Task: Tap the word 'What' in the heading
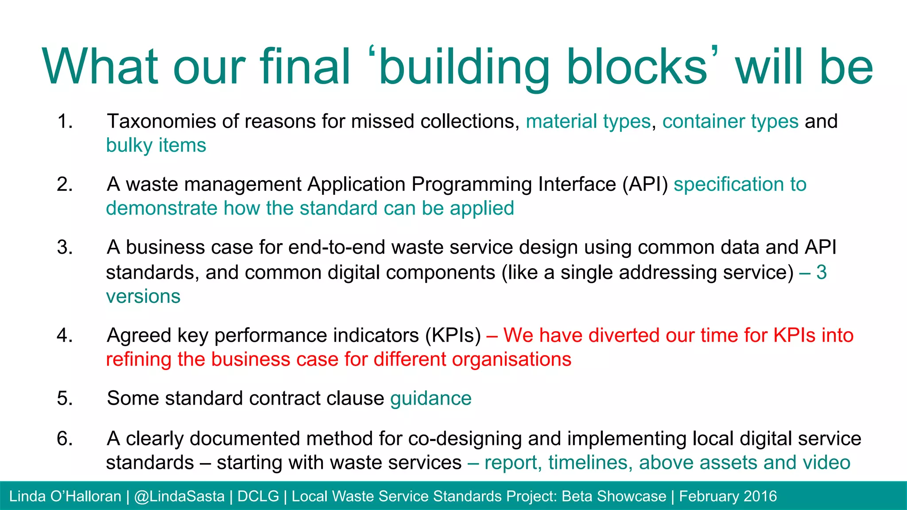[x=100, y=66]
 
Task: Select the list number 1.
[x=65, y=121]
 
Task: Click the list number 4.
[x=65, y=335]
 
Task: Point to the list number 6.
[x=65, y=438]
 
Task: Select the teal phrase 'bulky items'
[x=156, y=145]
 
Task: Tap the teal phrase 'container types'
[x=730, y=121]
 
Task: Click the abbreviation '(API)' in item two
[x=645, y=184]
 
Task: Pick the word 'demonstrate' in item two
[x=161, y=208]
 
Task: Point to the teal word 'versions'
[x=143, y=296]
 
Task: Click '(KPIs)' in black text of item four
[x=453, y=335]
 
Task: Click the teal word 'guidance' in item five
[x=430, y=398]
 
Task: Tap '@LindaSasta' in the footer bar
[x=179, y=496]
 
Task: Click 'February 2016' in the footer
[x=728, y=496]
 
